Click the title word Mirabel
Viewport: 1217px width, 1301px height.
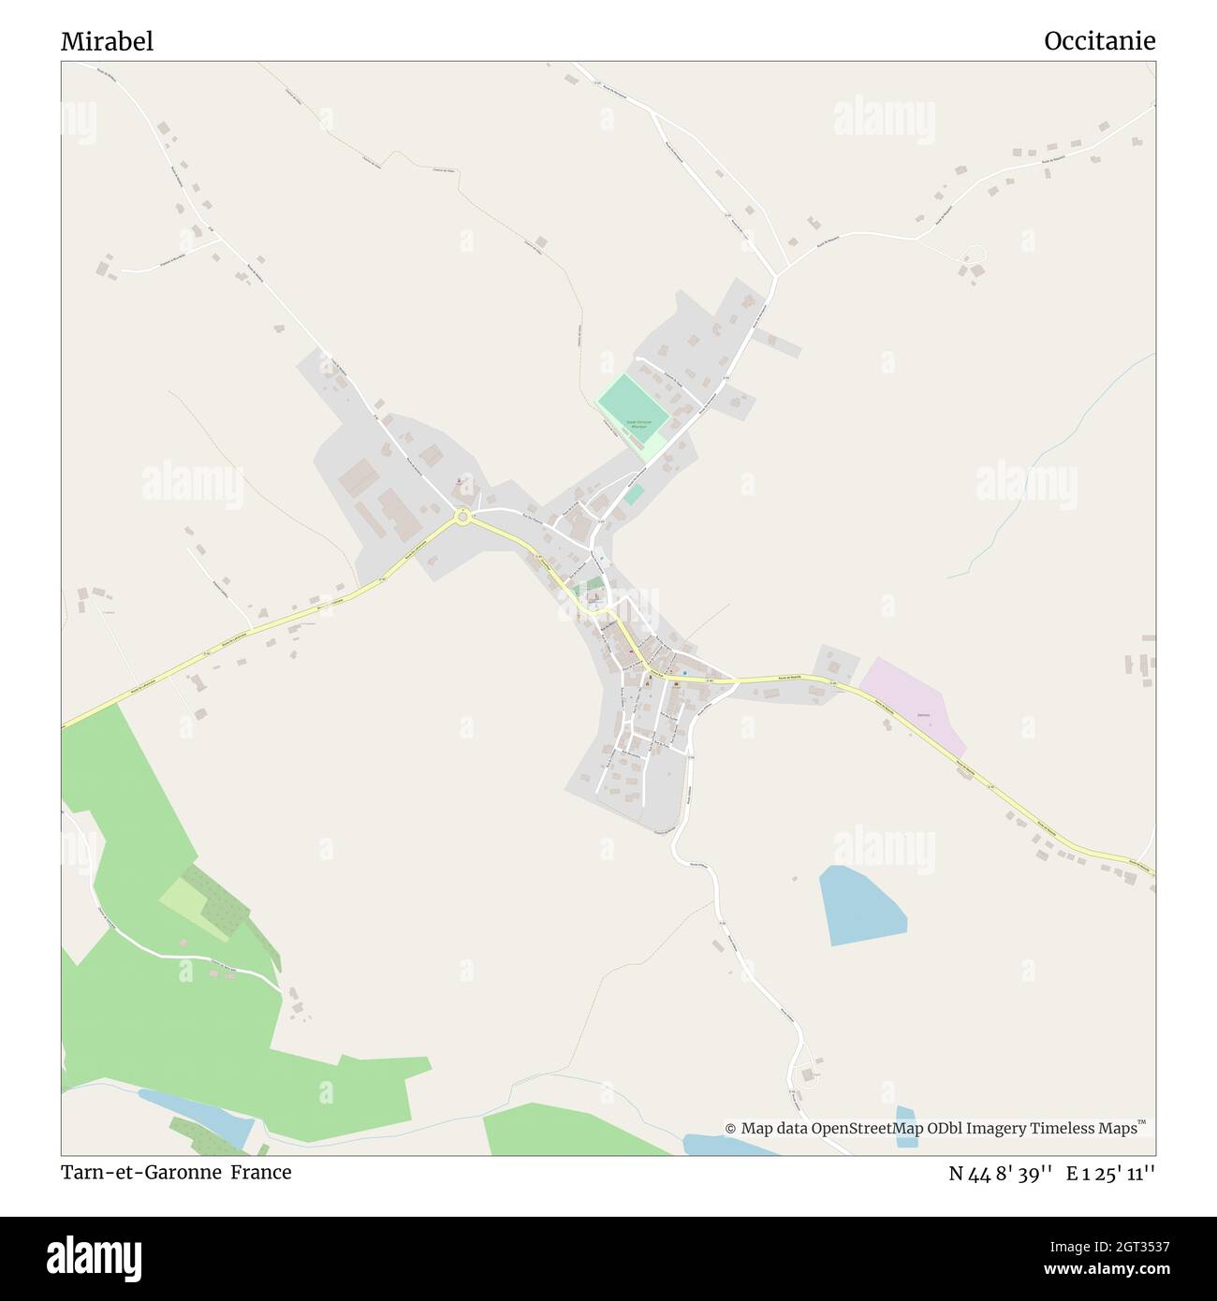(107, 41)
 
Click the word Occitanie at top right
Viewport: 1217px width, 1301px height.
(1099, 41)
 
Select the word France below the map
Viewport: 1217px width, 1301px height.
(262, 1172)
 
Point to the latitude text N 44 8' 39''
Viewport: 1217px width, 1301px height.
(1001, 1173)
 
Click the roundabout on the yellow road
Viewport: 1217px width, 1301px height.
(462, 516)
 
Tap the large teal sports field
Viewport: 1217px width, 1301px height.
(633, 403)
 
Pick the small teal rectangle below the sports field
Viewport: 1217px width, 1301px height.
(634, 494)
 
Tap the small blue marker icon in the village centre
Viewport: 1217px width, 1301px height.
(684, 672)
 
